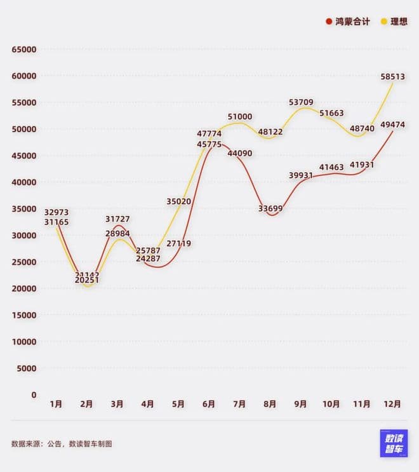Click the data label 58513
pos(392,76)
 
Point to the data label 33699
pos(270,208)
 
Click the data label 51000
pos(239,117)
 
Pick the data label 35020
pos(179,201)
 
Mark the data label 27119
pos(179,243)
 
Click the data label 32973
pos(57,212)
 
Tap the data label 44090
pos(239,153)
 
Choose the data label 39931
pos(301,175)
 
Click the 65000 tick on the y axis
pos(25,50)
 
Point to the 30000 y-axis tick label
pos(25,235)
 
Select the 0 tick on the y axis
pos(34,394)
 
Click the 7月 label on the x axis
pos(239,404)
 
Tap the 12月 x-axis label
pos(392,404)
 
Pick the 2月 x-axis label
pos(87,404)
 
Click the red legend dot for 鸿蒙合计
pos(329,22)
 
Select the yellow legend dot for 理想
pos(384,22)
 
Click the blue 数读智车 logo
pos(394,443)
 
